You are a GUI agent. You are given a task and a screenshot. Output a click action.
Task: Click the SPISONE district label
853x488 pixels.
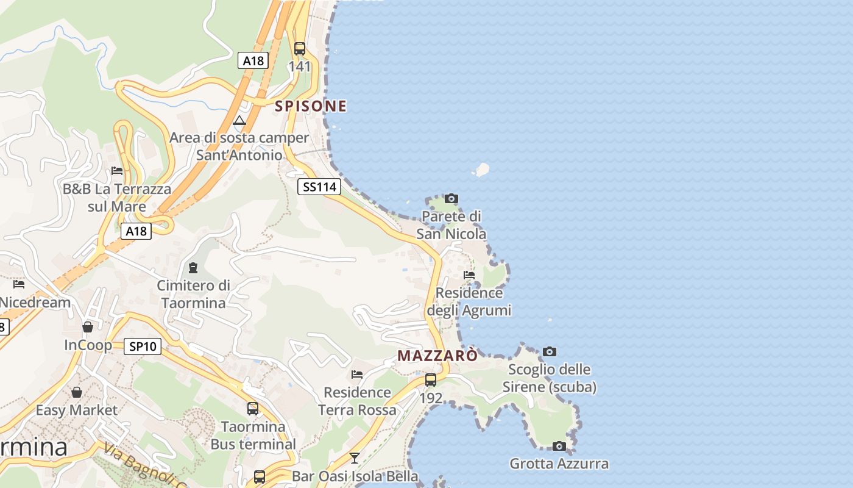click(311, 106)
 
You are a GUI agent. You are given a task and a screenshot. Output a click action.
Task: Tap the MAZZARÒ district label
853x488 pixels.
click(437, 356)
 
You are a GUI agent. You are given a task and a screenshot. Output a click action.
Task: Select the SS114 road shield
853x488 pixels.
click(319, 187)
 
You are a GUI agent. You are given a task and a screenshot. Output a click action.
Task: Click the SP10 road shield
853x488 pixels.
click(143, 346)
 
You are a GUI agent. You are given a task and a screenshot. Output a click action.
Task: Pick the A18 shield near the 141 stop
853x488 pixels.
click(253, 60)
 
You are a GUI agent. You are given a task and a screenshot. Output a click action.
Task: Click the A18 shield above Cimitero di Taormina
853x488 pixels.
click(136, 231)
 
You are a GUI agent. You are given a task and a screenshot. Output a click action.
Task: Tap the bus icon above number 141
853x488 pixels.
click(300, 49)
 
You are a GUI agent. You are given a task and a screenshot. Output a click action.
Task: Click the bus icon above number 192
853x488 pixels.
click(431, 380)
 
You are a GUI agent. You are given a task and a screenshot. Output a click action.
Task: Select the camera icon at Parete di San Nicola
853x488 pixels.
click(451, 198)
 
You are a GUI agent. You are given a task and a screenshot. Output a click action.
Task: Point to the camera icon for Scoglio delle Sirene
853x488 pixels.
click(550, 351)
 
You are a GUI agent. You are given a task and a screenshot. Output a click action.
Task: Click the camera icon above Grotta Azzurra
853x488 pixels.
click(559, 446)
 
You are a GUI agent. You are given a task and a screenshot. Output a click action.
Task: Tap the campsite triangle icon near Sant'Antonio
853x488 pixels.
click(239, 120)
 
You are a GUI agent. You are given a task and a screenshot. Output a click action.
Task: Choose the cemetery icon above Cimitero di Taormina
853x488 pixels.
click(193, 268)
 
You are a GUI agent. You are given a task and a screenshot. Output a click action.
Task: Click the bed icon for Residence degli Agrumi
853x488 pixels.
click(469, 274)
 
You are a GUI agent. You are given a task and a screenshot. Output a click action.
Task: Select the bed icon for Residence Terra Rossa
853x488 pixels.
click(357, 374)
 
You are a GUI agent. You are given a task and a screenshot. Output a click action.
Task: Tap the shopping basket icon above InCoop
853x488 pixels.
click(88, 327)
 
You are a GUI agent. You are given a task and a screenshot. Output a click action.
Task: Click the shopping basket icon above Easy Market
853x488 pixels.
click(77, 392)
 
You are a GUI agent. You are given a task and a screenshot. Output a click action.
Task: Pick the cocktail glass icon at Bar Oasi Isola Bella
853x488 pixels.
click(355, 457)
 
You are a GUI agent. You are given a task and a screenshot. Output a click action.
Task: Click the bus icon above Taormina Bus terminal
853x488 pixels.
click(253, 408)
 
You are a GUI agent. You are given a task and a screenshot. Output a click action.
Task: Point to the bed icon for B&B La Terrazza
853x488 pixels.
click(117, 171)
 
